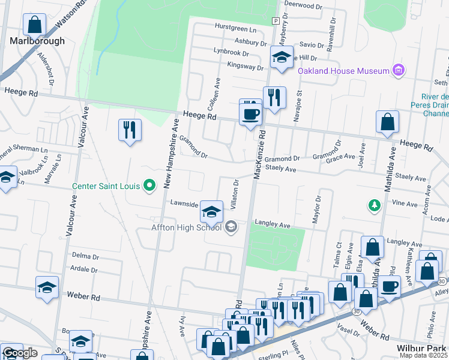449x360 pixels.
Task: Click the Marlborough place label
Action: click(37, 41)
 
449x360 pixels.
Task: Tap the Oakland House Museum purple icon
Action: click(398, 71)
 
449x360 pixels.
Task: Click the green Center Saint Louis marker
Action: click(150, 185)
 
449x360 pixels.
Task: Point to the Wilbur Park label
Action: click(422, 348)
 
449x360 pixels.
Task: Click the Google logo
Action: click(20, 353)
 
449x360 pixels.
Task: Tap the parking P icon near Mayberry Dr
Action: click(275, 21)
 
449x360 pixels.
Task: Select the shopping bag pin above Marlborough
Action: click(35, 25)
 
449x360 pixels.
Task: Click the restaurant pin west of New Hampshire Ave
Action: click(130, 129)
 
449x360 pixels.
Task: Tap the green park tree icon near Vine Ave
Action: click(375, 206)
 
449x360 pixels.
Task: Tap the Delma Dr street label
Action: click(85, 255)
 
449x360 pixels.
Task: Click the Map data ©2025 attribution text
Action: click(424, 355)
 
